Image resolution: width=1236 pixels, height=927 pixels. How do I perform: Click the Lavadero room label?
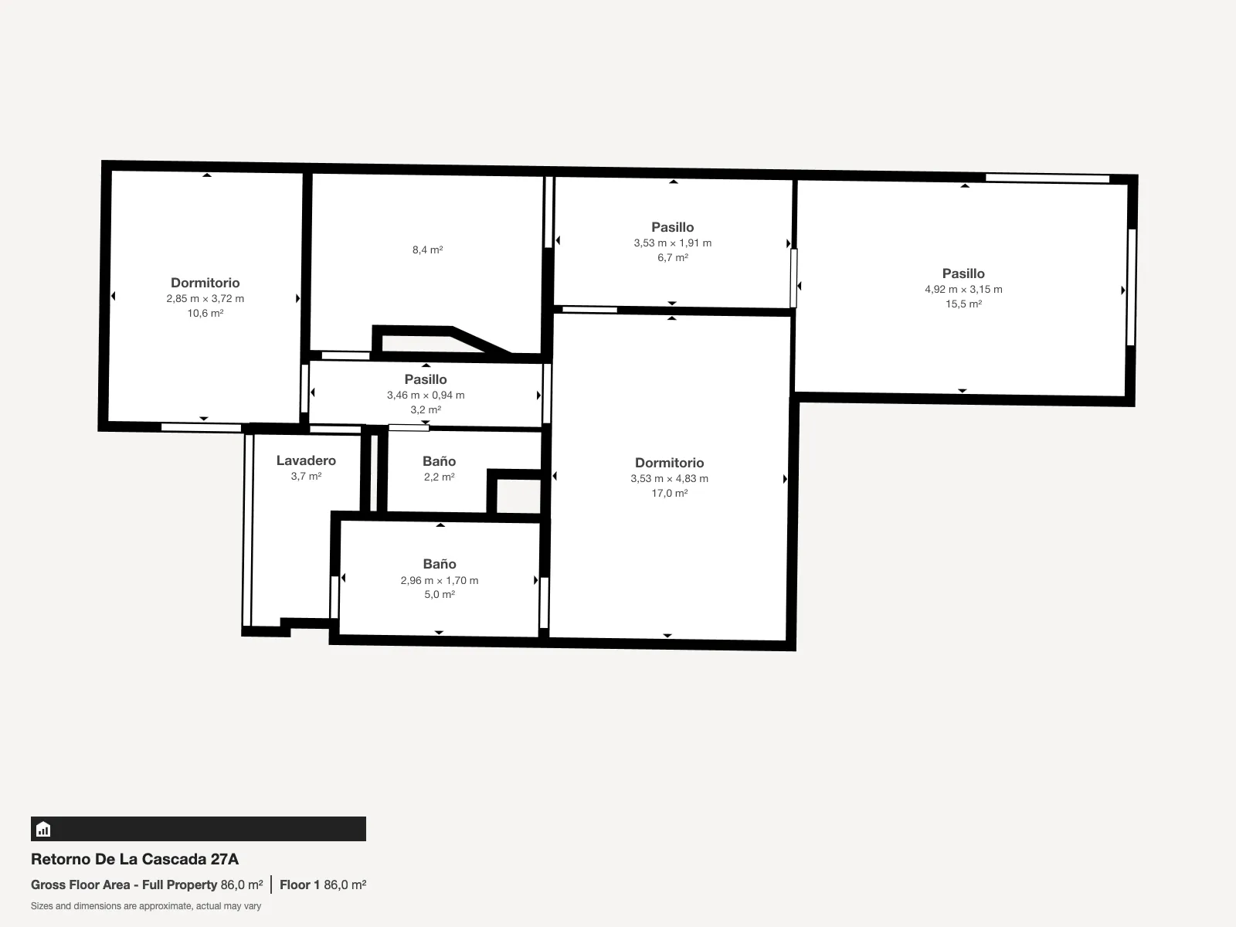306,460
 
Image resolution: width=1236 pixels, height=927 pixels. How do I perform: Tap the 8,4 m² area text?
427,250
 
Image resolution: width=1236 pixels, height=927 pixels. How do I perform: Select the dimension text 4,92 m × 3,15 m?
963,289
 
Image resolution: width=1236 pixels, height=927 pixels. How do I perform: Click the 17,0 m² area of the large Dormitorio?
670,493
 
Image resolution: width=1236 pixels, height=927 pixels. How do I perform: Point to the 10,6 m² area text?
205,313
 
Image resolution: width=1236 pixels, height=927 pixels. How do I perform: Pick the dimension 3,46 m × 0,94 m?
426,395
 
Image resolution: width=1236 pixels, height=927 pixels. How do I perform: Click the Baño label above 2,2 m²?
440,461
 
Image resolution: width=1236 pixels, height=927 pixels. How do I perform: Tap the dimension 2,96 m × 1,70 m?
440,580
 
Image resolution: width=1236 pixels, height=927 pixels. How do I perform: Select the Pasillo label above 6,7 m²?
672,227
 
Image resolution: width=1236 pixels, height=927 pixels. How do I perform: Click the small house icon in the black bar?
43,829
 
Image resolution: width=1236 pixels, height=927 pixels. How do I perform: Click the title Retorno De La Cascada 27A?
134,859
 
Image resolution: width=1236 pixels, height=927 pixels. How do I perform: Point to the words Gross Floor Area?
80,885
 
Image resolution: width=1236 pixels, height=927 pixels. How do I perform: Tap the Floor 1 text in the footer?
300,885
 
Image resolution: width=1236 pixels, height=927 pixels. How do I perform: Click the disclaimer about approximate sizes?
146,906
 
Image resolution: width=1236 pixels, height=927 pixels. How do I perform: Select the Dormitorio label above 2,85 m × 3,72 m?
205,283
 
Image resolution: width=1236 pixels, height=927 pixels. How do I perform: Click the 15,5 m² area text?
963,304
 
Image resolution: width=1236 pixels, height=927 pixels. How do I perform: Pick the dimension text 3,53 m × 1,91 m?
672,243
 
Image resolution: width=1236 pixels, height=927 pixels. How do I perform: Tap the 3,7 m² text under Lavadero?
306,476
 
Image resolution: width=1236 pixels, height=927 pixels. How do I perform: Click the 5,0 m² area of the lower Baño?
440,594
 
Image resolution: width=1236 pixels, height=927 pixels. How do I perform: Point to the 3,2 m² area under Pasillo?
426,409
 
